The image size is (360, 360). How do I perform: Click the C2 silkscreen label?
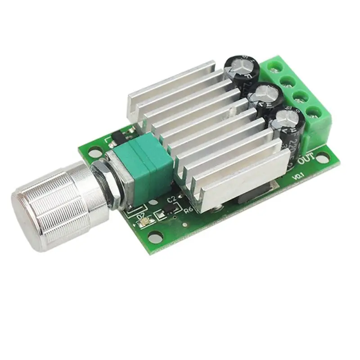171,198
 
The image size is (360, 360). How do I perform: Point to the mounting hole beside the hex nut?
93,154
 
